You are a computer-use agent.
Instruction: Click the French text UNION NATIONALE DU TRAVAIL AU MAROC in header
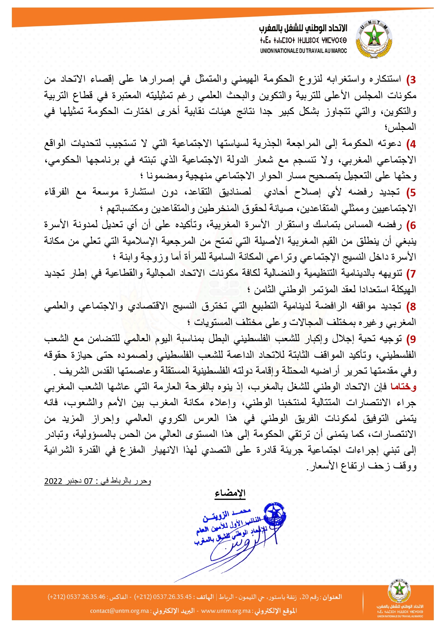(303, 51)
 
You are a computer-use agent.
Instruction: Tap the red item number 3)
(411, 79)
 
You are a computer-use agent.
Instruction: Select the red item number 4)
(411, 144)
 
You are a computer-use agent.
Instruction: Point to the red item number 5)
(411, 193)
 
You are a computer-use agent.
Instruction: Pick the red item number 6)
(411, 225)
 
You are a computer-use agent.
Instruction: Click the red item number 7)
(411, 274)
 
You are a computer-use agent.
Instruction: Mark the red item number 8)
(411, 307)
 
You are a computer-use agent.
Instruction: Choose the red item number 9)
(411, 339)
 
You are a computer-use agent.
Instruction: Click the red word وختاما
(403, 387)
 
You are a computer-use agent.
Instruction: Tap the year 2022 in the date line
(53, 481)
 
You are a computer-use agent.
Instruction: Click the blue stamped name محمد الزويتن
(226, 515)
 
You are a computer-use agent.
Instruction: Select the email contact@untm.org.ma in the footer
(119, 611)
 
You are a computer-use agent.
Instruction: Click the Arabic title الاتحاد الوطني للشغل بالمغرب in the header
(303, 28)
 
